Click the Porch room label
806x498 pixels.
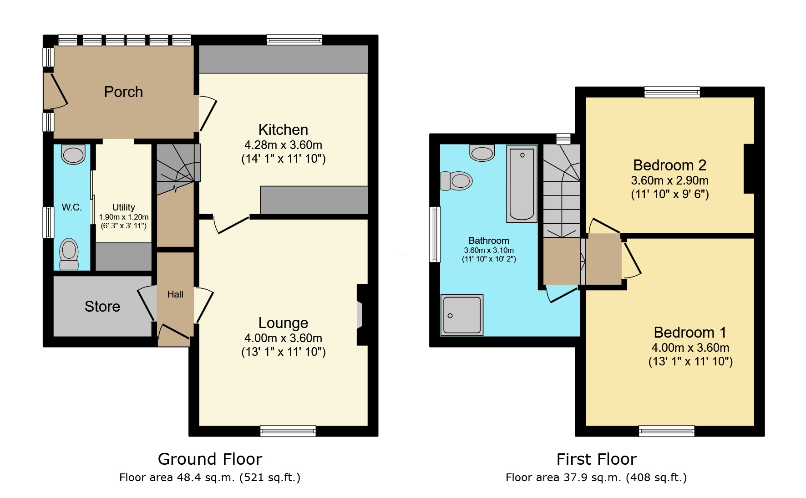pos(123,92)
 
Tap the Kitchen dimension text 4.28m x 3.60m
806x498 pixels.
pos(283,145)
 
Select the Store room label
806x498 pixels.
pos(102,307)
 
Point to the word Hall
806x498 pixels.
pos(175,295)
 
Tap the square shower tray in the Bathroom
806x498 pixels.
pos(461,315)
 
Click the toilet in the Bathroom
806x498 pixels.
pos(457,181)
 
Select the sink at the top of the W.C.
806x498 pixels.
pos(73,154)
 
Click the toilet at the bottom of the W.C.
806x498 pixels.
pos(69,253)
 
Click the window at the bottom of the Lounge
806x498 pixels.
pos(288,431)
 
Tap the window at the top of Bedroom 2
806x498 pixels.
pos(672,92)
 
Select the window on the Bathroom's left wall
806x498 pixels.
pos(435,234)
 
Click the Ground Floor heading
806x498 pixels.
pos(210,459)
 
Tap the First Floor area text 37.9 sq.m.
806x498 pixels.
pos(596,477)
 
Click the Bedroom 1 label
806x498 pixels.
pos(690,333)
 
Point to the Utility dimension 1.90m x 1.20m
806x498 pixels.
pos(124,217)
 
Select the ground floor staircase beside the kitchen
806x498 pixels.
pos(177,164)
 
